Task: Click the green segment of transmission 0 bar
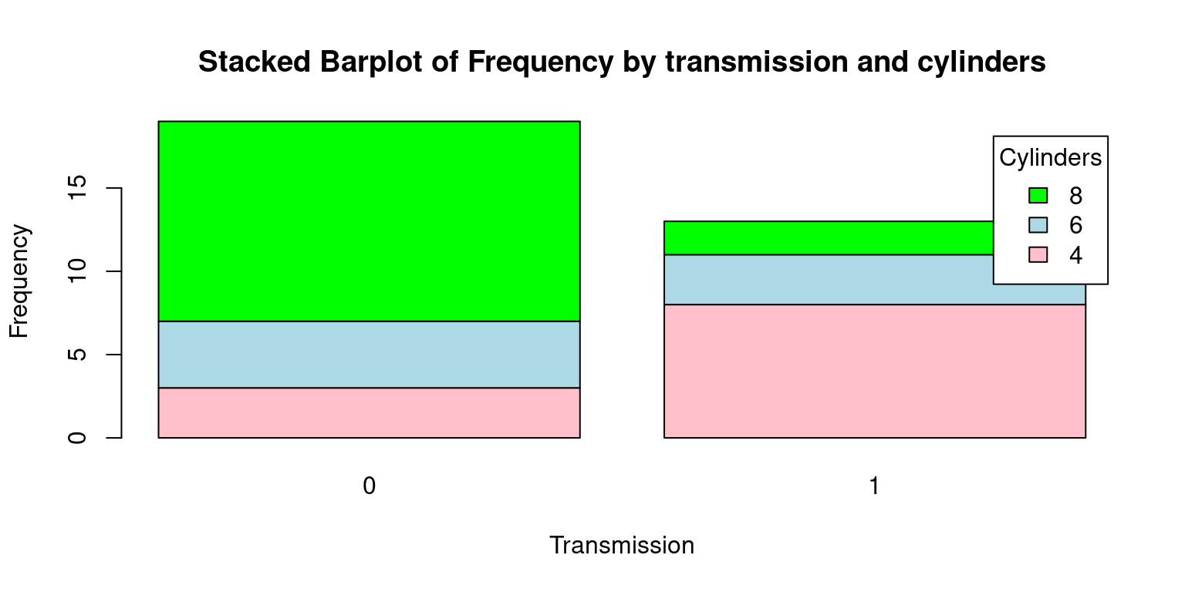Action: point(370,221)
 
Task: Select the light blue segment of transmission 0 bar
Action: point(370,355)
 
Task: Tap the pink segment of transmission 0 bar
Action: point(370,413)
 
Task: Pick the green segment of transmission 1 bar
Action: point(829,238)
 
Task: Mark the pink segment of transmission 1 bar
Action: point(875,371)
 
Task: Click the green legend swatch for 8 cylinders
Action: point(1038,196)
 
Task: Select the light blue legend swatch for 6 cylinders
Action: point(1038,225)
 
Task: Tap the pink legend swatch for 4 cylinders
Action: point(1038,255)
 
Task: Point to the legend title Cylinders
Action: point(1050,157)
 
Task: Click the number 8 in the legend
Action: point(1075,196)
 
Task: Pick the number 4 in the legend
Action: point(1075,255)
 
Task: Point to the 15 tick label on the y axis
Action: point(77,187)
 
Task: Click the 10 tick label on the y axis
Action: point(77,271)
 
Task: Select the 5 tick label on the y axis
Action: point(77,354)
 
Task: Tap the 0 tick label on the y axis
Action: point(77,438)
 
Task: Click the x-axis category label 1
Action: point(874,486)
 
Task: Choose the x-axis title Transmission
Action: point(622,545)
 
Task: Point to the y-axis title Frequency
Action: point(19,281)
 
